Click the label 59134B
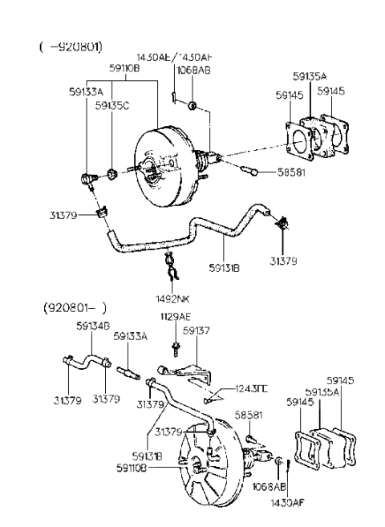point(92,326)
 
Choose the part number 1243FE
point(253,390)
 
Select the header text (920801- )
point(73,307)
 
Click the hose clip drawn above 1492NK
point(170,261)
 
